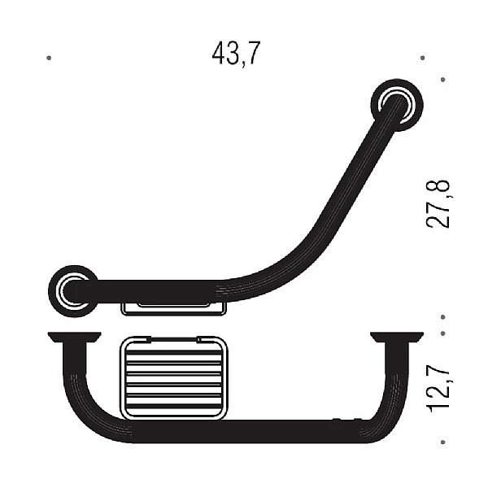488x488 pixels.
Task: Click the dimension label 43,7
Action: (236, 54)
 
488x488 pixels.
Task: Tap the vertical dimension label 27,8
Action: (438, 204)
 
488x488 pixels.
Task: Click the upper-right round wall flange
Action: (397, 105)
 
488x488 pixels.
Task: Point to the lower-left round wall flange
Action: (73, 291)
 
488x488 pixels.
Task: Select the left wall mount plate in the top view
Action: (74, 338)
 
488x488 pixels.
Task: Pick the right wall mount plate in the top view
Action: (397, 338)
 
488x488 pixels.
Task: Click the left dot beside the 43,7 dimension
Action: (49, 58)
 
